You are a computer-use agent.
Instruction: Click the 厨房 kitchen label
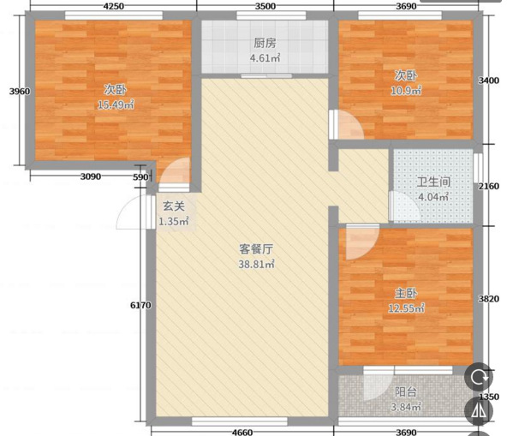tap(265, 43)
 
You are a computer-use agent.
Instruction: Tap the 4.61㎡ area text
tap(265, 58)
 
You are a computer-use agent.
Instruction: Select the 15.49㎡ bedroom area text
tap(116, 105)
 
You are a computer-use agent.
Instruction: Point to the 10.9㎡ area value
tap(406, 91)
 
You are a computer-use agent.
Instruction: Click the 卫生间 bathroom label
tap(433, 182)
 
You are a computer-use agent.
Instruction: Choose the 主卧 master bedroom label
tap(406, 293)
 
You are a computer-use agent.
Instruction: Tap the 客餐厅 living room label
tap(256, 249)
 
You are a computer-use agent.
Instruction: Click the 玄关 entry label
tap(174, 206)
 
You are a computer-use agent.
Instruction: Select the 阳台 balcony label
tap(406, 392)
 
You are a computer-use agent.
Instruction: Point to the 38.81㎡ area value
tap(256, 264)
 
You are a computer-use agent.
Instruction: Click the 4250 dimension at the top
tap(114, 6)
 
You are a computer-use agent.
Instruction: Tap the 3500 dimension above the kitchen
tap(265, 6)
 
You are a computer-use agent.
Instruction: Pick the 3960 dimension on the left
tap(20, 92)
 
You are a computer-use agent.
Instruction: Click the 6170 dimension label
tap(140, 305)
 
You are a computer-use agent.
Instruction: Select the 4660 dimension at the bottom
tap(242, 432)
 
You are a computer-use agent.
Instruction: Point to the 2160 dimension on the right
tap(488, 186)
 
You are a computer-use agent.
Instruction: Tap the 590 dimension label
tap(140, 177)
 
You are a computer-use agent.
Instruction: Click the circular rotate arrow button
tap(479, 377)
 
